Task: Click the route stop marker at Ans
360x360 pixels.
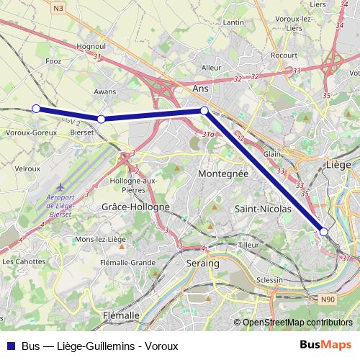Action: click(204, 110)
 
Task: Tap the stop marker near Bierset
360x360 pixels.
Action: click(102, 119)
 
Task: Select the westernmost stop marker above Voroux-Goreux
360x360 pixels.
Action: click(36, 109)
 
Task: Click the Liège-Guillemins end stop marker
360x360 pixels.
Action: click(324, 231)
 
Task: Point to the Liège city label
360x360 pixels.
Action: click(338, 165)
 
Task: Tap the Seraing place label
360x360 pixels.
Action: click(202, 264)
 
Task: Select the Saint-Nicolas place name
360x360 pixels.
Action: click(263, 209)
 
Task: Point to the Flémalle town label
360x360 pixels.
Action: click(121, 315)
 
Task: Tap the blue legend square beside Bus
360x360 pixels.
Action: click(9, 346)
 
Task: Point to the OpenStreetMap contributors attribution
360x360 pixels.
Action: click(297, 323)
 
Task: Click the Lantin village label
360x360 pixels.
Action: click(234, 22)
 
